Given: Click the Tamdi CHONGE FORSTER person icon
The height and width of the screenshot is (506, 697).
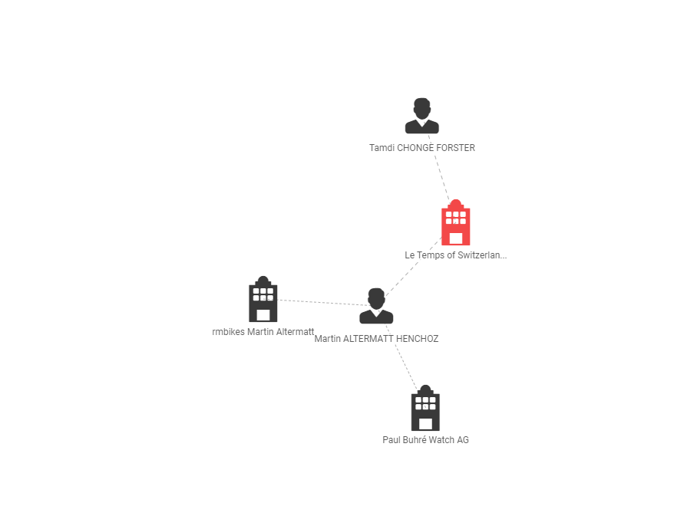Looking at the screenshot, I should click(x=421, y=117).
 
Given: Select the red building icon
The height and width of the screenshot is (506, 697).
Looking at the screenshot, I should click(x=455, y=223).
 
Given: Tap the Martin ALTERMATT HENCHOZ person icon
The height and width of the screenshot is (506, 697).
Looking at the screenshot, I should click(x=376, y=307).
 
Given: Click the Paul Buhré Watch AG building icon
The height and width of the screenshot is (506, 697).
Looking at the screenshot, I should click(x=425, y=409).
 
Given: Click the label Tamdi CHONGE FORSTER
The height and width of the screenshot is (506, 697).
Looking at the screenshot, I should click(x=421, y=148).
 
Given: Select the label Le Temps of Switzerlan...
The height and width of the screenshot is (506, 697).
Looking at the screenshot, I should click(x=455, y=255).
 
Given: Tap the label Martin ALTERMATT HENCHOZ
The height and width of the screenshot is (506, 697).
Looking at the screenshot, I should click(x=376, y=338).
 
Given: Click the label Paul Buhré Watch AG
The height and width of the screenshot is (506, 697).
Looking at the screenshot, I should click(x=425, y=440).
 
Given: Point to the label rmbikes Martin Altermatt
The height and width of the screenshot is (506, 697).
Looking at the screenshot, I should click(x=263, y=332).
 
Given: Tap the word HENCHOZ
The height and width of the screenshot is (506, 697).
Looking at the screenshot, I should click(x=417, y=338).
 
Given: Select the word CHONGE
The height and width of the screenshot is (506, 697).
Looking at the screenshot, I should click(x=415, y=148).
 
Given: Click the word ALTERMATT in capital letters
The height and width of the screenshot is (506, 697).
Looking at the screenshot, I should click(x=368, y=338).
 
